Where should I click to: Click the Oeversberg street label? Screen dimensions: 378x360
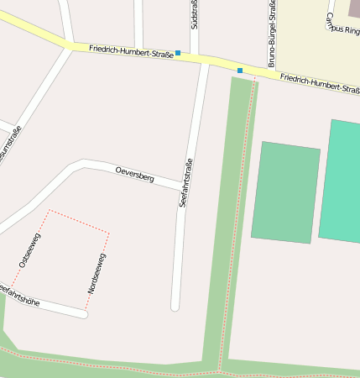click(x=134, y=174)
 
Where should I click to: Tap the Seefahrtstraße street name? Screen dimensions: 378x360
click(x=186, y=182)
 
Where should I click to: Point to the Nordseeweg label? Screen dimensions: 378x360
click(x=96, y=272)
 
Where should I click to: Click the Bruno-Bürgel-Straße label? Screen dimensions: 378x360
click(x=272, y=34)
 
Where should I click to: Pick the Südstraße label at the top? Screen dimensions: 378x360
click(x=194, y=14)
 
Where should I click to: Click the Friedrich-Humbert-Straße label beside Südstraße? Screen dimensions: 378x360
click(x=131, y=51)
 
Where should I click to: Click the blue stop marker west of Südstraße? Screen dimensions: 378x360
click(x=178, y=53)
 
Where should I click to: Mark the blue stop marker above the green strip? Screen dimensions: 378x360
click(x=240, y=70)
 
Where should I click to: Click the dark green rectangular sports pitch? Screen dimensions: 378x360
click(x=285, y=192)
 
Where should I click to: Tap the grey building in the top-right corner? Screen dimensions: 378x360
click(x=353, y=8)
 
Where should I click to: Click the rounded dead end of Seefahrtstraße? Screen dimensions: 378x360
click(x=175, y=307)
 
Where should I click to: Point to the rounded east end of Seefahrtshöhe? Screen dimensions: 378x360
click(x=83, y=314)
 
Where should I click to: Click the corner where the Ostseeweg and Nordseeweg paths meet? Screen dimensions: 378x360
click(x=50, y=210)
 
